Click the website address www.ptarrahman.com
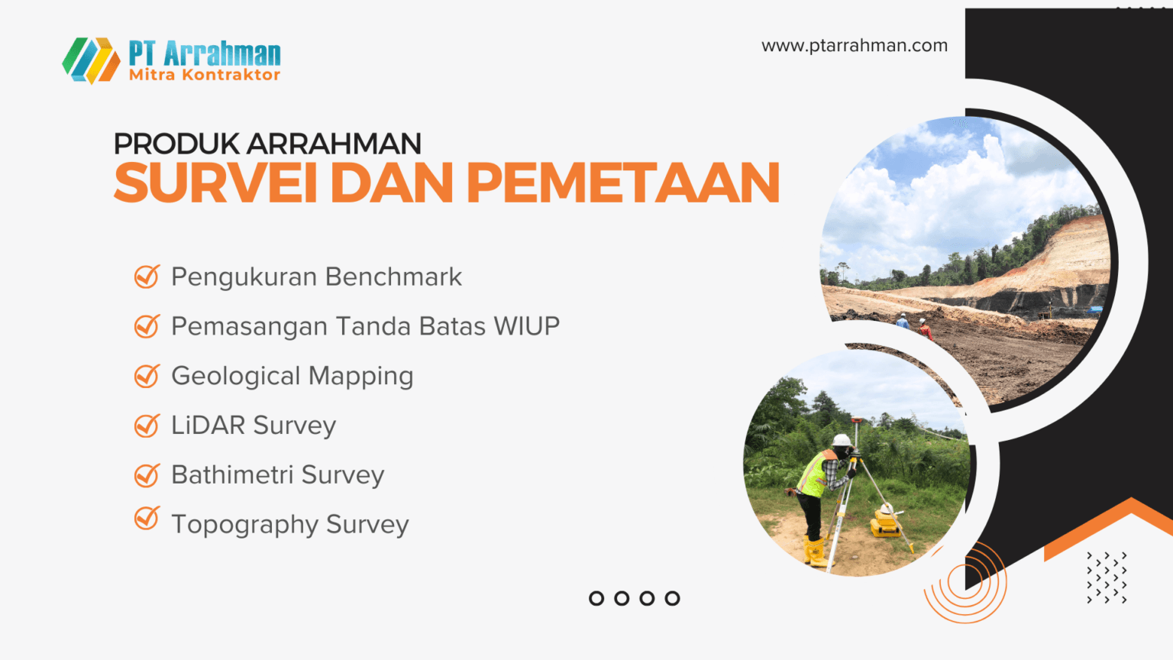click(854, 46)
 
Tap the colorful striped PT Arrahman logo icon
click(91, 60)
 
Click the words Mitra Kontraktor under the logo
click(205, 75)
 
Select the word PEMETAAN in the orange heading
click(622, 183)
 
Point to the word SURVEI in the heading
click(215, 183)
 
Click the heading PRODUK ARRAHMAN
click(267, 144)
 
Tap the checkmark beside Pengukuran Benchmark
click(147, 277)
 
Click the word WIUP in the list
click(526, 326)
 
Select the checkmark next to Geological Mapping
click(147, 376)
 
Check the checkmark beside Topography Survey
click(147, 519)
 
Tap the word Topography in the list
click(244, 526)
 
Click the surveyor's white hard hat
click(841, 440)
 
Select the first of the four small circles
click(596, 598)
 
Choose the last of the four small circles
click(672, 598)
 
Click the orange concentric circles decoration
click(965, 583)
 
